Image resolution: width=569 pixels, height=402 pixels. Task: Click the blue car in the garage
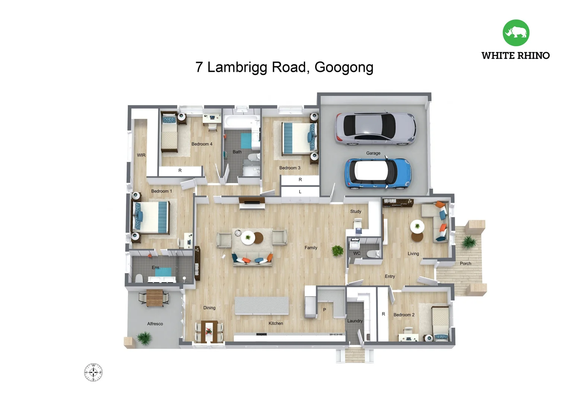pos(378,173)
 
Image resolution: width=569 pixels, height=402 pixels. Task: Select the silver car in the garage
pos(375,129)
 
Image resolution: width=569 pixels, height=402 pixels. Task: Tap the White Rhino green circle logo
pos(516,33)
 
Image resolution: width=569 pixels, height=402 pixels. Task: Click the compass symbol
pos(93,372)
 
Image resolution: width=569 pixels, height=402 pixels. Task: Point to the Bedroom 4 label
pos(202,144)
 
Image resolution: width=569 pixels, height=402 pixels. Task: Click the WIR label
pos(141,155)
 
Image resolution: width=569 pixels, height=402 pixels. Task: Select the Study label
pos(356,211)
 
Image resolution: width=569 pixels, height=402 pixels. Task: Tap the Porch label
pos(465,264)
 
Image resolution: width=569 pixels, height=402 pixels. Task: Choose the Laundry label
pos(355,321)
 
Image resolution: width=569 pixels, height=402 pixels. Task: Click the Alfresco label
pos(155,324)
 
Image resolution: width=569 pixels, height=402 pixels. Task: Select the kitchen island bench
pos(261,306)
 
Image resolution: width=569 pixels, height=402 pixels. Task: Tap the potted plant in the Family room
pos(337,251)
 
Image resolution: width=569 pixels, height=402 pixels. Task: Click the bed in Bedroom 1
pos(151,217)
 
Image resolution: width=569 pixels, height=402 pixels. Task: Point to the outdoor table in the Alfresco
pos(155,297)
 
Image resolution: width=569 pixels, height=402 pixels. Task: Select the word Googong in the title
pos(344,67)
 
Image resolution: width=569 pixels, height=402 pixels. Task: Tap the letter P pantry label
pos(324,310)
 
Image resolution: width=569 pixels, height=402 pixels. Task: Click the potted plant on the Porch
pos(468,242)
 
